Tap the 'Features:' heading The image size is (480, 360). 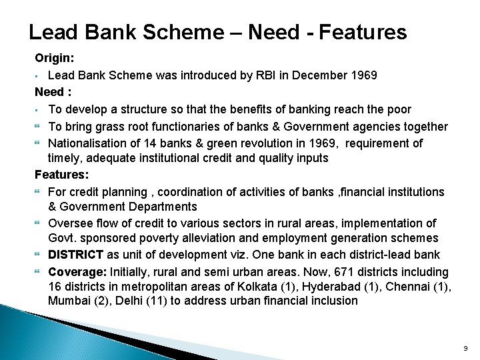61,175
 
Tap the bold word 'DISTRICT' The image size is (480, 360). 76,255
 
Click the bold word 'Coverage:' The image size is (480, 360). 77,271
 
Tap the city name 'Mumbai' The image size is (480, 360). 69,301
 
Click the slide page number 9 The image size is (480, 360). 465,349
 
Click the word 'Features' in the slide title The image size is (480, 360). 363,32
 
